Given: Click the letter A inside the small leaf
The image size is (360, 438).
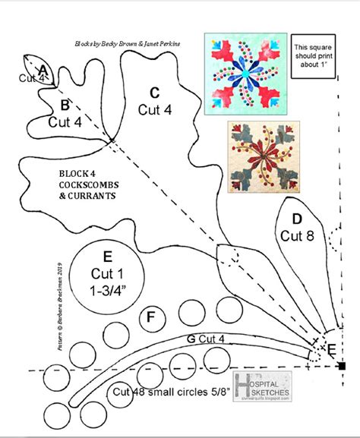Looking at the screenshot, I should (43, 71).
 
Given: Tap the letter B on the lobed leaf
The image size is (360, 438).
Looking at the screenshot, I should (65, 105).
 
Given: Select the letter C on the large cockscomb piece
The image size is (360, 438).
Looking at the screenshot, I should (155, 93).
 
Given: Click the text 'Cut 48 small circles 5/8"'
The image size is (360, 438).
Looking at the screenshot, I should (172, 392).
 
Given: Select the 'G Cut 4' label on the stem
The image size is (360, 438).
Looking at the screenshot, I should (204, 338).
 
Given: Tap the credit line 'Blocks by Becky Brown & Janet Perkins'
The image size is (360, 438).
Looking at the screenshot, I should (128, 45).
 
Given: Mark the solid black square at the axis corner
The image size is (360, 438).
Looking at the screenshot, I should (342, 367).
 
